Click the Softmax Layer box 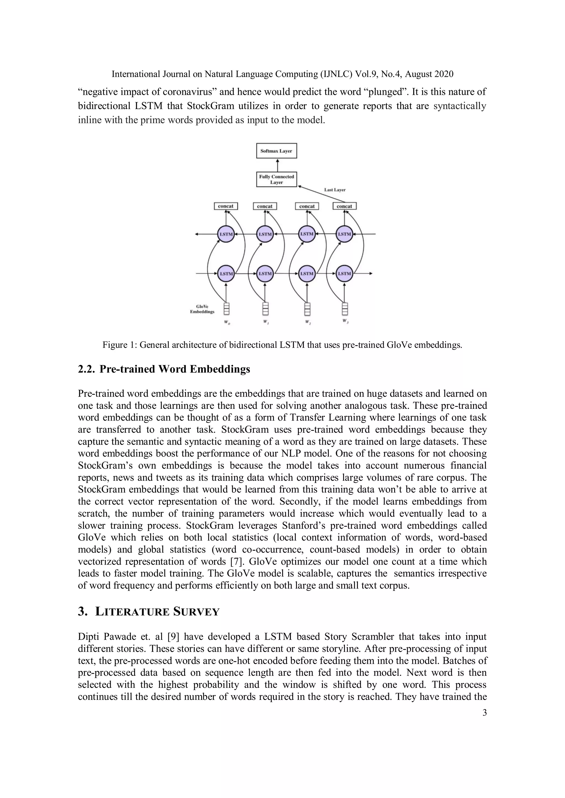276,151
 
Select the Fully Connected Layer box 276,179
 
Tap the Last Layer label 335,190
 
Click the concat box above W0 225,206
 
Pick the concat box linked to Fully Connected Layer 344,206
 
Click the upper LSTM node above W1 265,234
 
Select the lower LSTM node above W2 307,273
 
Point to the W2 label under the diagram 308,322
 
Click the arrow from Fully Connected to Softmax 277,165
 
